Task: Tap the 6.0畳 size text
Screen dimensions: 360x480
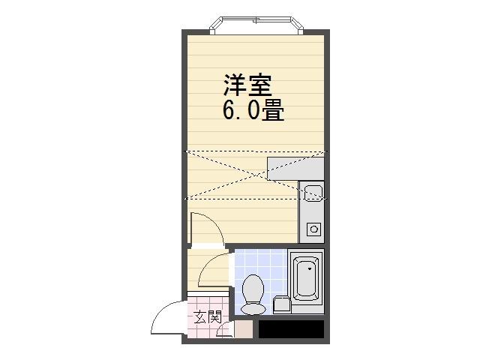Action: click(253, 111)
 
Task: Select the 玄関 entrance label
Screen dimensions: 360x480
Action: click(208, 317)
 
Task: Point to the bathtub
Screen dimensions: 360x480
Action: click(306, 278)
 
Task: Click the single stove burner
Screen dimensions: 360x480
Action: click(313, 229)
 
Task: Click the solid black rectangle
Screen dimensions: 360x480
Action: click(291, 328)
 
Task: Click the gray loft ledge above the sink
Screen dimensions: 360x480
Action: click(295, 168)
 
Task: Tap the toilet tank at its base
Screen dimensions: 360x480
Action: click(253, 308)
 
